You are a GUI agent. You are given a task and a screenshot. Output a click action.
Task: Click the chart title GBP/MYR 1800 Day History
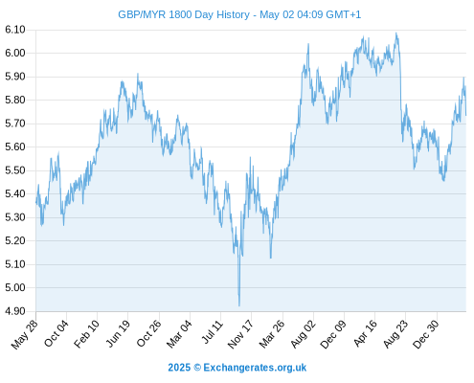click(x=184, y=14)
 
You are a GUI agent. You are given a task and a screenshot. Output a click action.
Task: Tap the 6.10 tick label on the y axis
click(x=15, y=30)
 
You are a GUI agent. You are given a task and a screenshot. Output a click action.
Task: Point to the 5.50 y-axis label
click(x=15, y=170)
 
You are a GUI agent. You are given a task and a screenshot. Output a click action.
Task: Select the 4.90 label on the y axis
click(x=15, y=311)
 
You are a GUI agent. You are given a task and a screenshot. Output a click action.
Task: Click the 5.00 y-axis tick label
click(x=15, y=287)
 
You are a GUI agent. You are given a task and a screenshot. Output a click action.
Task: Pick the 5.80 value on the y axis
click(x=15, y=100)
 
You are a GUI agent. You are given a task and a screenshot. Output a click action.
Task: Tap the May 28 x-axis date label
click(x=25, y=334)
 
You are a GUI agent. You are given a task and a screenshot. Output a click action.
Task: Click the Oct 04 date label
click(x=56, y=333)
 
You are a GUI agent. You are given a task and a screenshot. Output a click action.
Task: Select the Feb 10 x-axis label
click(x=87, y=334)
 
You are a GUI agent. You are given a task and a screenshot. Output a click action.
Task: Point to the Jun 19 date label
click(x=118, y=333)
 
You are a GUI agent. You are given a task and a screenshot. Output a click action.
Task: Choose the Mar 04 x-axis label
click(x=179, y=334)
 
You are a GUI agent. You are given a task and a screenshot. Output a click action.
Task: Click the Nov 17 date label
click(x=240, y=334)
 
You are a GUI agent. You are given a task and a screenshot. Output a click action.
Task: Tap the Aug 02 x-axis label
click(x=304, y=334)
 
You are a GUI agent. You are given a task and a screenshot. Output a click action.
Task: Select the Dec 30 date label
click(x=426, y=334)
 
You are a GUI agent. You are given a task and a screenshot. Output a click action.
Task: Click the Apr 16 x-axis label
click(x=366, y=333)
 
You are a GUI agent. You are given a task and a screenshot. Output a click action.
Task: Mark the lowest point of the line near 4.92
click(x=239, y=306)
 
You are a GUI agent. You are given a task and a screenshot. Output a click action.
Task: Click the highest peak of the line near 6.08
click(x=396, y=33)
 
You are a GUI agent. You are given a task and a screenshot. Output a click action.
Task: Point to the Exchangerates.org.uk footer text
click(x=255, y=368)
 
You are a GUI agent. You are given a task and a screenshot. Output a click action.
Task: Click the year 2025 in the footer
click(x=179, y=368)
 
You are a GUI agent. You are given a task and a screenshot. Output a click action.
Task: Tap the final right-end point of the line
click(x=466, y=115)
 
